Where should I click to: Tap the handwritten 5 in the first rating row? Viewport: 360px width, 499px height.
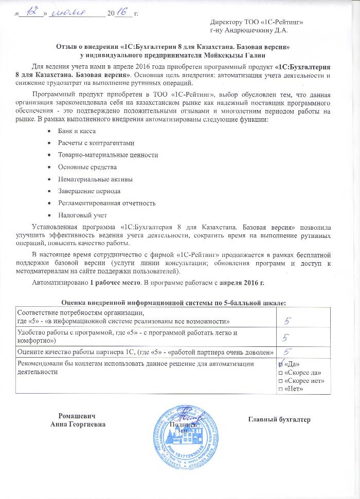click(x=290, y=321)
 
